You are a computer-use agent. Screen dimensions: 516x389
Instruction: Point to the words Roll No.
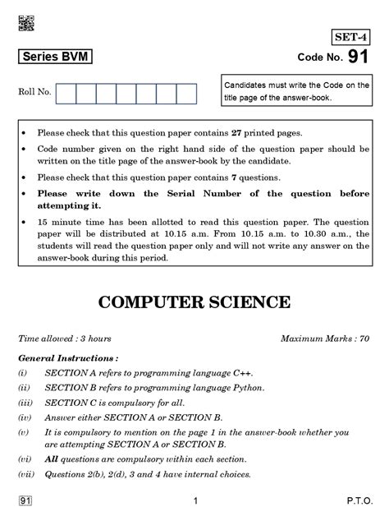coord(34,92)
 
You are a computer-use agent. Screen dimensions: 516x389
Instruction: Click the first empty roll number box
coord(66,94)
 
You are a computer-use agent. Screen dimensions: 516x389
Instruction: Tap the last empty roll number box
coord(186,94)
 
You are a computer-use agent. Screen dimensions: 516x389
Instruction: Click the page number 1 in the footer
coord(195,500)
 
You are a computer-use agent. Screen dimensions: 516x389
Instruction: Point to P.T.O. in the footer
coord(358,500)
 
